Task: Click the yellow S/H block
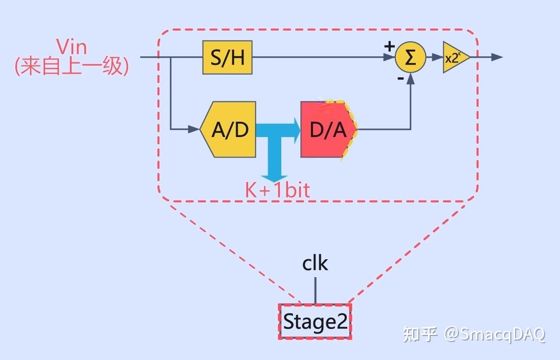227,57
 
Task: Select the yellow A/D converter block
229,129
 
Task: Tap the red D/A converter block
328,129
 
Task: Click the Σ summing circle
410,57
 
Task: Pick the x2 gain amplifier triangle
454,57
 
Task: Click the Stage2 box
315,322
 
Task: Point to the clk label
315,263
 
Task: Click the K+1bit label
277,190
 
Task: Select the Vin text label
72,47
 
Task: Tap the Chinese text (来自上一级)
72,66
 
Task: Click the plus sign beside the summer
389,46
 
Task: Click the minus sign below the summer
400,78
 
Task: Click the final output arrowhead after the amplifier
497,57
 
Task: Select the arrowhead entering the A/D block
194,129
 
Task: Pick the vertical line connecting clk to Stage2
315,290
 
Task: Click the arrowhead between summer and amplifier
438,57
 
